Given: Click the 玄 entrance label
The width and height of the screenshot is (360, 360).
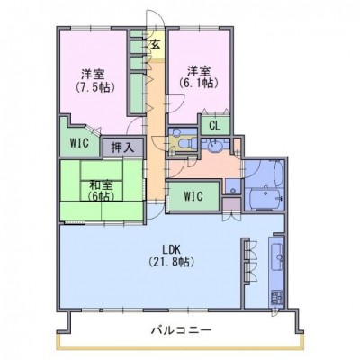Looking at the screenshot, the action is [x=155, y=45].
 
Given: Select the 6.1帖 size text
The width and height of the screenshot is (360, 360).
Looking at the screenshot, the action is [x=198, y=83].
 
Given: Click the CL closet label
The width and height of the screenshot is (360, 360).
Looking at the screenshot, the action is [x=215, y=126].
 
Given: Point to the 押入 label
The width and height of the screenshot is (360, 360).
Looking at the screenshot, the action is [x=122, y=148].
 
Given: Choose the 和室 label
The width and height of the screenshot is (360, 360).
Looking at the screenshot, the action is [x=101, y=185].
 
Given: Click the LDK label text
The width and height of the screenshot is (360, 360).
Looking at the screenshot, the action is [x=171, y=249].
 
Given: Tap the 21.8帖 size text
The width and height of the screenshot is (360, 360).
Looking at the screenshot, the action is [x=171, y=262].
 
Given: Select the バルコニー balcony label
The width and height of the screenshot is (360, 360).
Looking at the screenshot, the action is [x=181, y=330].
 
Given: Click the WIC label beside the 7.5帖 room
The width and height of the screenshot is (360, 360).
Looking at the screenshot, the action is [x=79, y=143].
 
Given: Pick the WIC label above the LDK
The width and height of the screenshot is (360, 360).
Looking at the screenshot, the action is [x=193, y=196].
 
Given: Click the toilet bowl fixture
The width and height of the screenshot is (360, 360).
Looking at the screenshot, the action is [x=188, y=142].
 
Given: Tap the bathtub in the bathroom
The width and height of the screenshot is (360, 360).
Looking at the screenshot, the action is [x=266, y=198].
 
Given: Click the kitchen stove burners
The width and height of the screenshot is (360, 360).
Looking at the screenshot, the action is [x=276, y=297].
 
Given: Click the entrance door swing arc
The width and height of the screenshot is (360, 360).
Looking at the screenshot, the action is [x=155, y=19].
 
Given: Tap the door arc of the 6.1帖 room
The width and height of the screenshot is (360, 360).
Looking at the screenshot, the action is [x=176, y=103].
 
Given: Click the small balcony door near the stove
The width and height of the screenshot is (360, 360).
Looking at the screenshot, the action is [x=274, y=313].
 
